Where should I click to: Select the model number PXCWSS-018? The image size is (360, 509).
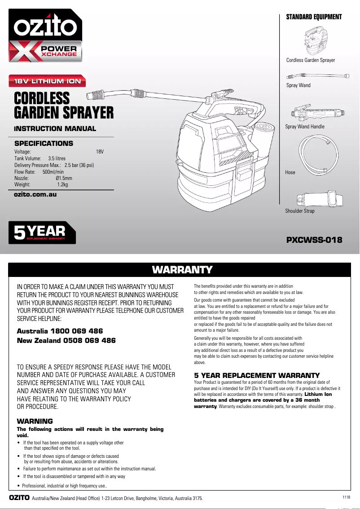(x=314, y=240)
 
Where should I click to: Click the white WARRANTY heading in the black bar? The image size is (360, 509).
(x=182, y=270)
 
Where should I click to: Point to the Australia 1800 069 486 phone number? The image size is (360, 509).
(x=60, y=331)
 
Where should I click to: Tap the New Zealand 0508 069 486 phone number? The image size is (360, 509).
(x=66, y=341)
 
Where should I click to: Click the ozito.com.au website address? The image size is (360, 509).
(x=35, y=195)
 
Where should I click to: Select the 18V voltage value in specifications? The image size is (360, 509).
(x=100, y=152)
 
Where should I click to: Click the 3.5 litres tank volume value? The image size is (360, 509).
(x=57, y=158)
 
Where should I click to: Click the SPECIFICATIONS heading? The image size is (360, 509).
(x=44, y=144)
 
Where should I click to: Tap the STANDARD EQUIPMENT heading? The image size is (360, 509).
(x=314, y=17)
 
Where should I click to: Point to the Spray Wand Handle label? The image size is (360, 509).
(x=305, y=127)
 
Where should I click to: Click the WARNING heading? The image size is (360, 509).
(x=35, y=421)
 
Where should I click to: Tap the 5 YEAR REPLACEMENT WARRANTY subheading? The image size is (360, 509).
(x=257, y=375)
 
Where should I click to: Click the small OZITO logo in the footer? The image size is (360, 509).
(x=19, y=498)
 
